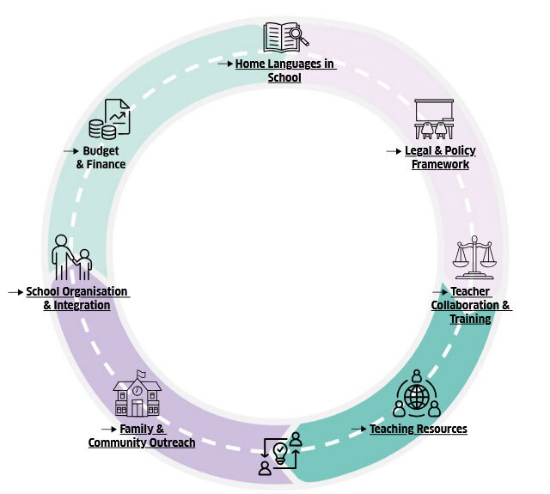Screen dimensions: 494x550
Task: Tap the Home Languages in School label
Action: click(284, 70)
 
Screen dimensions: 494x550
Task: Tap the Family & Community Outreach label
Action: click(142, 436)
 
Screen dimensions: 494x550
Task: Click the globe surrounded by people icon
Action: click(417, 394)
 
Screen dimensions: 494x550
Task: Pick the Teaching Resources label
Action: click(419, 429)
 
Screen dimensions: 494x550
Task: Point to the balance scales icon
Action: click(474, 256)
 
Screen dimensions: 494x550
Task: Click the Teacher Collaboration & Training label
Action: click(470, 305)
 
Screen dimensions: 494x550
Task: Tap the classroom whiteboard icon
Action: click(433, 119)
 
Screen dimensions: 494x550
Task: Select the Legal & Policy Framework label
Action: click(441, 157)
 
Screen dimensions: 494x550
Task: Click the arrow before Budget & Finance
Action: click(71, 150)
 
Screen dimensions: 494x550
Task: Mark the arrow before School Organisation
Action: click(15, 292)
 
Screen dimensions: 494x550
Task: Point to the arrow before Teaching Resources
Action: click(359, 428)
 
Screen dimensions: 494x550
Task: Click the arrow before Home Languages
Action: click(224, 64)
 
